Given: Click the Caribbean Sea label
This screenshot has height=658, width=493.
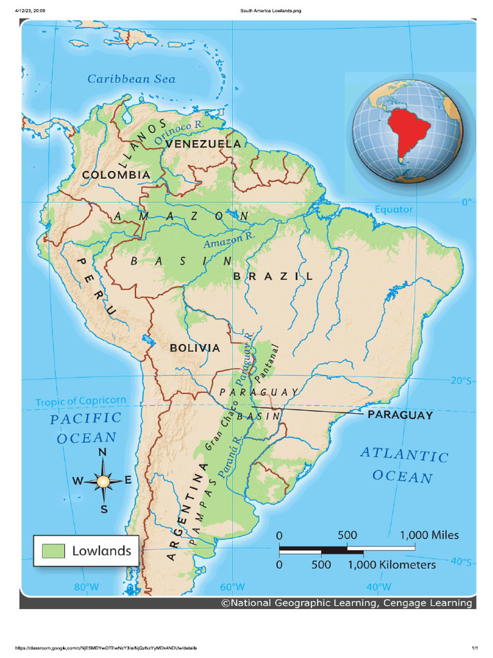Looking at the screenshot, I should click(x=131, y=79).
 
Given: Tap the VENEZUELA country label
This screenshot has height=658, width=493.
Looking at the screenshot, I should click(x=203, y=144).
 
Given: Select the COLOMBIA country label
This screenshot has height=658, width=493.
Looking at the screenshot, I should click(x=116, y=174).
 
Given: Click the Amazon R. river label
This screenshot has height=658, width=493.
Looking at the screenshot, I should click(x=229, y=240).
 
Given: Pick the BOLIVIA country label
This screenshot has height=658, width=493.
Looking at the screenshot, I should click(x=195, y=348).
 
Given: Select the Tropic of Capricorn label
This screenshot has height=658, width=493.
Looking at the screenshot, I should click(x=81, y=402).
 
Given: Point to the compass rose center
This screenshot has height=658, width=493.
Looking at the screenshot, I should click(x=103, y=480).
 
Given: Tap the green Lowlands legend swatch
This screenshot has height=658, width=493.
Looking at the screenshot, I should click(x=54, y=551).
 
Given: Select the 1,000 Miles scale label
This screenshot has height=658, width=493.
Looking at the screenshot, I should click(x=429, y=535).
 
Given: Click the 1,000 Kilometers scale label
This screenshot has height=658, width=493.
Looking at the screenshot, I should click(x=392, y=565).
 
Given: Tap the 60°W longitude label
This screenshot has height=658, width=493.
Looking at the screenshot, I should click(x=232, y=587).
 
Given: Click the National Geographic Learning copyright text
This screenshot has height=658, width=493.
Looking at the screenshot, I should click(x=347, y=603).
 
